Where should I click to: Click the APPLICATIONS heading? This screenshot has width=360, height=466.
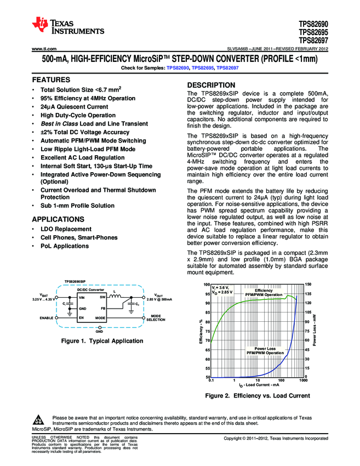tap(58, 219)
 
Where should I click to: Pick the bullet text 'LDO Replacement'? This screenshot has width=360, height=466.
tap(66, 229)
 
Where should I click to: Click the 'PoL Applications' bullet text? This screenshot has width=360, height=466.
tap(65, 246)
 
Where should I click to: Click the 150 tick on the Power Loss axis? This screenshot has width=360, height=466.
tap(307, 284)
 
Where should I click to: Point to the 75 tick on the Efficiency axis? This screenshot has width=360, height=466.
tap(207, 331)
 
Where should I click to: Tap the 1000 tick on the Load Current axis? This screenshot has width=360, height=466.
tap(303, 380)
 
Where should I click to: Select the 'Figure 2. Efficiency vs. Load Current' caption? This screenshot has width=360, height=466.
tap(257, 395)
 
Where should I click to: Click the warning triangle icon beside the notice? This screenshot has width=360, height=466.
tap(38, 420)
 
